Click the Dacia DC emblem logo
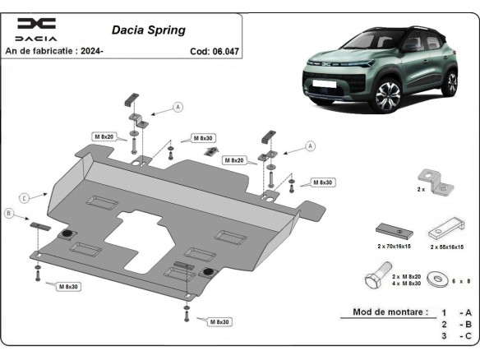tap(37, 24)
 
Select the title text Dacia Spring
tap(148, 30)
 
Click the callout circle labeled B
tap(9, 214)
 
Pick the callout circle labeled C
tap(25, 197)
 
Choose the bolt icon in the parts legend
tap(376, 279)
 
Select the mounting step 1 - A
tap(455, 312)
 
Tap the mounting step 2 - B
tap(455, 325)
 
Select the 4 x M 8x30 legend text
tap(407, 284)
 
